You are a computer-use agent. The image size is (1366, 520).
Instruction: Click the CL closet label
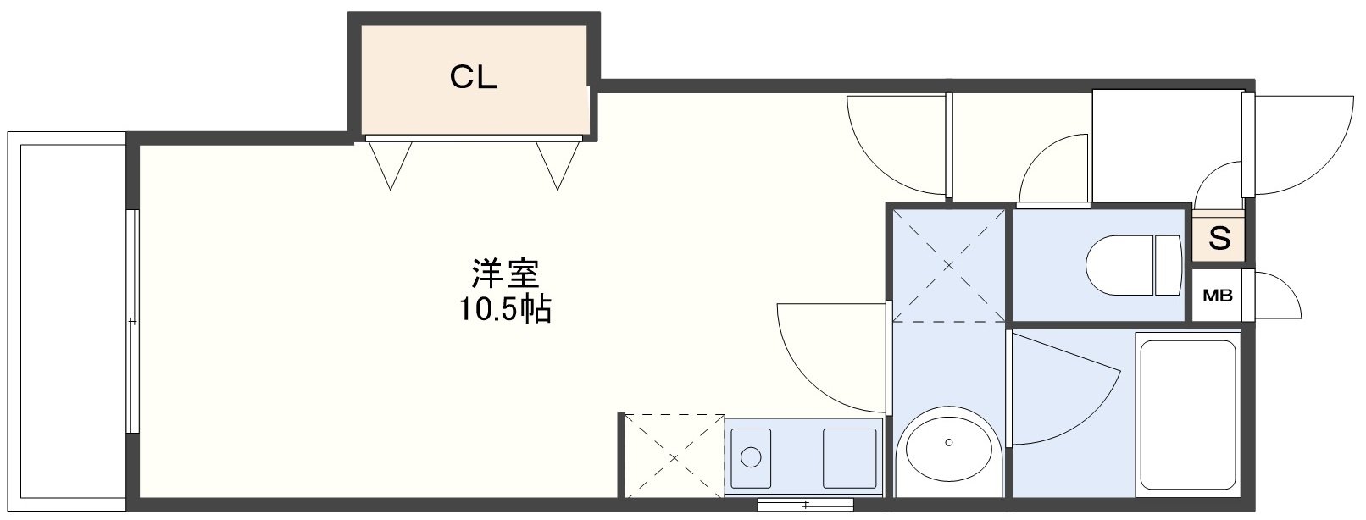pyautogui.click(x=473, y=78)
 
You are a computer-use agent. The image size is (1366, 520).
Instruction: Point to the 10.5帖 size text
pyautogui.click(x=505, y=310)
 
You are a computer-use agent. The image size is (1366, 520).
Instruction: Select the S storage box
pyautogui.click(x=1219, y=239)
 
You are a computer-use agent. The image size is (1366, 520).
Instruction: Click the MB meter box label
pyautogui.click(x=1219, y=296)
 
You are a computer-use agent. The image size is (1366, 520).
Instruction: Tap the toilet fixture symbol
pyautogui.click(x=1135, y=265)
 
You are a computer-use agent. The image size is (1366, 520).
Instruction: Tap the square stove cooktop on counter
pyautogui.click(x=849, y=456)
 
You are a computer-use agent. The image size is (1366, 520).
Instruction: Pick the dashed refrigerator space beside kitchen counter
pyautogui.click(x=675, y=456)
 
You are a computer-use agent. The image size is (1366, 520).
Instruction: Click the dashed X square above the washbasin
pyautogui.click(x=948, y=264)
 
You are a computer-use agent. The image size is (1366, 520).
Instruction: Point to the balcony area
pyautogui.click(x=68, y=322)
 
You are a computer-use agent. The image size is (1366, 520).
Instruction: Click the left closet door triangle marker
pyautogui.click(x=390, y=163)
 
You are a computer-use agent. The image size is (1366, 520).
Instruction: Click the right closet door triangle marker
pyautogui.click(x=558, y=163)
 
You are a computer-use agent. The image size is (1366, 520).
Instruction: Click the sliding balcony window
pyautogui.click(x=131, y=322)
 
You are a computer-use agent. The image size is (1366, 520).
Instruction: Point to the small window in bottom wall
pyautogui.click(x=805, y=506)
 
